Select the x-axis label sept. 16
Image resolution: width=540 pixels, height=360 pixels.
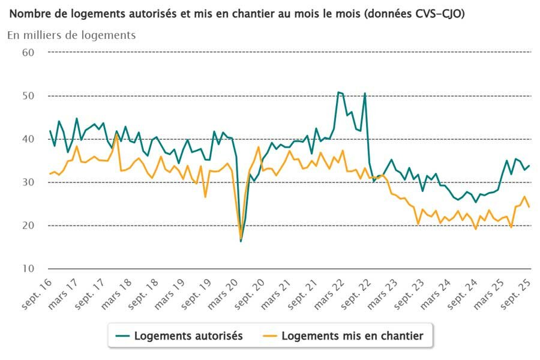(x=37, y=294)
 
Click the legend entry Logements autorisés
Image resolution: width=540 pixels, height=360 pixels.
(x=188, y=336)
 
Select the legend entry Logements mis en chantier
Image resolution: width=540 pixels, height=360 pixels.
(x=352, y=336)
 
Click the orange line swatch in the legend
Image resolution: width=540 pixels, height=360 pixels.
(x=269, y=336)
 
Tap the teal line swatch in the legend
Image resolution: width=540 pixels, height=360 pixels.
(x=122, y=336)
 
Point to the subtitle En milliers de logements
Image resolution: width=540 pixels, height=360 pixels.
(x=71, y=35)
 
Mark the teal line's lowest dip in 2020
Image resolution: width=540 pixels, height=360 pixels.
(x=241, y=241)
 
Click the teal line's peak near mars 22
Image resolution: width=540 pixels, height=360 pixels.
(x=338, y=92)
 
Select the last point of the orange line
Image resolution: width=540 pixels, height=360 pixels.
(x=529, y=207)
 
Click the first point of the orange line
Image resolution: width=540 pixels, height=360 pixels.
(x=50, y=174)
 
